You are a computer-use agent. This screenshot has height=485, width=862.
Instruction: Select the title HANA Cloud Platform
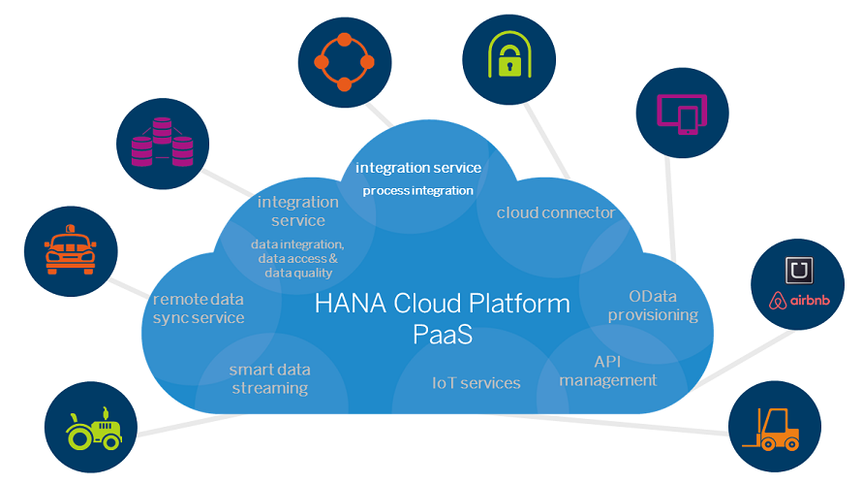coord(443,304)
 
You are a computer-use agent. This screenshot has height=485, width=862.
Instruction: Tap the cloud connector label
coord(556,212)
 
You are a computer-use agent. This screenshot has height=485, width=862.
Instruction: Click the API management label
coord(607,371)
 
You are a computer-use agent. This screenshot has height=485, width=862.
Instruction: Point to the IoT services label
coord(476,383)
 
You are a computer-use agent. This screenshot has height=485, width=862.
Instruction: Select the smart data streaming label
coord(268,378)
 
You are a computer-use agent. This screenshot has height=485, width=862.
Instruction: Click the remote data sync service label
coord(199,308)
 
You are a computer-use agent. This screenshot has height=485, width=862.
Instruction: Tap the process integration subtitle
coord(417,191)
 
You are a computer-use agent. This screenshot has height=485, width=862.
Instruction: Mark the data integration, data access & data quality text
coord(297,259)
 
